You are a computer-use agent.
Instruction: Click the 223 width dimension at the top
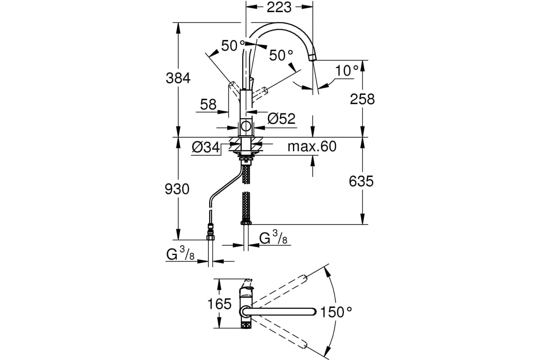click(279, 8)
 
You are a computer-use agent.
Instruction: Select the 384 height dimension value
click(178, 78)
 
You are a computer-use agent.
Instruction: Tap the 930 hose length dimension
click(177, 189)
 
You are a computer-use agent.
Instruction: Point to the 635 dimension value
click(361, 181)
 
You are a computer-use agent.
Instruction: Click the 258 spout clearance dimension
click(362, 99)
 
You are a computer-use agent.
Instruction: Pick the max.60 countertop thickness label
click(312, 146)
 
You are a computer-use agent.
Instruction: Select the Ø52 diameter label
click(281, 118)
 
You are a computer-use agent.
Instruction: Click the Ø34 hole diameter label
click(206, 147)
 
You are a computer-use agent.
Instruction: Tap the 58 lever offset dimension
click(208, 104)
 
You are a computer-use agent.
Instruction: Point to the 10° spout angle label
click(347, 71)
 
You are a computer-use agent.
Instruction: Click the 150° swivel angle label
click(336, 312)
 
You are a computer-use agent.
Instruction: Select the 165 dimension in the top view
click(220, 304)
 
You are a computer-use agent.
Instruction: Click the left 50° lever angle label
click(233, 45)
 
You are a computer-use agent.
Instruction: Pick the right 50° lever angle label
click(281, 55)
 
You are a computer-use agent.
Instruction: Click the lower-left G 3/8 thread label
click(180, 254)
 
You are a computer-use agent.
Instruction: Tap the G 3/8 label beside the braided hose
click(273, 237)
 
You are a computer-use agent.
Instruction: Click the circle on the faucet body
click(246, 126)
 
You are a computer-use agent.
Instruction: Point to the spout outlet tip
click(313, 58)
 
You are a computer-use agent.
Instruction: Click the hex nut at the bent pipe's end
click(211, 238)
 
